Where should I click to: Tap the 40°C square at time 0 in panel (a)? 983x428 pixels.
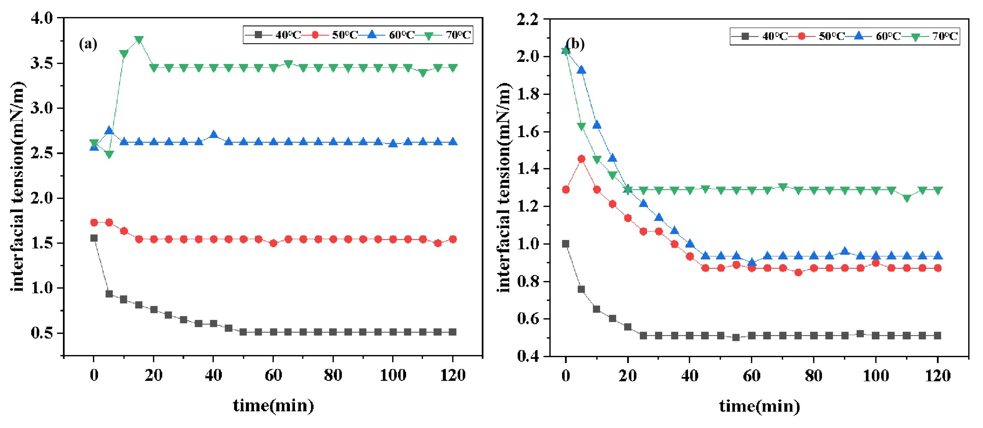pyautogui.click(x=94, y=238)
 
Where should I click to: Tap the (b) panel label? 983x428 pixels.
pyautogui.click(x=575, y=44)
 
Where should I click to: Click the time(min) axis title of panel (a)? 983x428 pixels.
pyautogui.click(x=273, y=406)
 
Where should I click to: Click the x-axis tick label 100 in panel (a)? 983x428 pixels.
pyautogui.click(x=393, y=375)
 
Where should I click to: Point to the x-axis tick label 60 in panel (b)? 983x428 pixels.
pyautogui.click(x=751, y=376)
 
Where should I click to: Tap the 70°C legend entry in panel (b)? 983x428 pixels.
pyautogui.click(x=935, y=36)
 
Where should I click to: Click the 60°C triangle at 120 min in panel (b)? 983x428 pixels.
pyautogui.click(x=938, y=256)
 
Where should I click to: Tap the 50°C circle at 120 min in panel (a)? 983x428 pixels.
pyautogui.click(x=453, y=240)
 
